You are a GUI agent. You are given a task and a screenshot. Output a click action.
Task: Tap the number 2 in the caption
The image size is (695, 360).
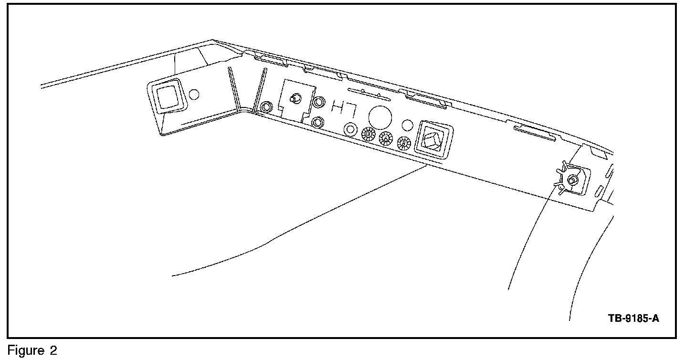click(53, 351)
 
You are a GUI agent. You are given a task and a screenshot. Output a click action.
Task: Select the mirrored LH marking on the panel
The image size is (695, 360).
click(344, 109)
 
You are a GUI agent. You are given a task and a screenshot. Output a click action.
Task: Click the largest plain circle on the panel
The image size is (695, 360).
click(380, 116)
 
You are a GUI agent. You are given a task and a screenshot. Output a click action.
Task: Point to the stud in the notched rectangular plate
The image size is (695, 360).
click(295, 98)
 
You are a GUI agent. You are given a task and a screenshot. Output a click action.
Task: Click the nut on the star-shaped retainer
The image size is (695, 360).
click(571, 180)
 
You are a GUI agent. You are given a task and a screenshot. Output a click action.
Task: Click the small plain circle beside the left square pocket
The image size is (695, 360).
click(194, 94)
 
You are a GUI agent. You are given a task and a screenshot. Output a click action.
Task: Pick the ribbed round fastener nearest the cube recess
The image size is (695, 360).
click(404, 142)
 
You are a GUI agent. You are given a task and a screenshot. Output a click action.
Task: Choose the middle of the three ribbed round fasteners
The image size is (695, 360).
click(385, 138)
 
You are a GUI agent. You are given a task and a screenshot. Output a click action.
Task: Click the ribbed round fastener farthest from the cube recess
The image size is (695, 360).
click(368, 133)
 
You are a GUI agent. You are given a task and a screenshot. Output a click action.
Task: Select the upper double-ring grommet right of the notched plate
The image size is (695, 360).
click(318, 102)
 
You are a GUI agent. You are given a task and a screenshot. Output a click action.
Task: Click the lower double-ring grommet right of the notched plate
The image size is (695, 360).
click(317, 122)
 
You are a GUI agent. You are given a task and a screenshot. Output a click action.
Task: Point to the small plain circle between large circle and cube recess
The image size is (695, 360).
click(407, 125)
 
